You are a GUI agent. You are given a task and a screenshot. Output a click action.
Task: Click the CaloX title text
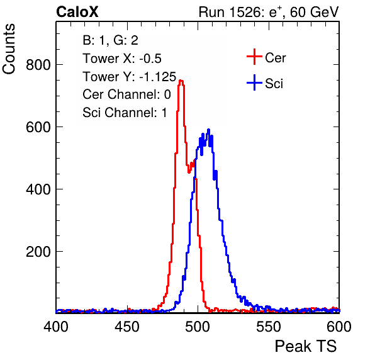(x=77, y=12)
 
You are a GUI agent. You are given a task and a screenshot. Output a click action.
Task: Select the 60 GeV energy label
(x=314, y=12)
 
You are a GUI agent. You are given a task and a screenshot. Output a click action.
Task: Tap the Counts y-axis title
(x=9, y=49)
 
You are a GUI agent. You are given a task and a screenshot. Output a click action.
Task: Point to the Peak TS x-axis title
(x=306, y=346)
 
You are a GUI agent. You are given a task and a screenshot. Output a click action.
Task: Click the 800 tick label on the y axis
(x=38, y=65)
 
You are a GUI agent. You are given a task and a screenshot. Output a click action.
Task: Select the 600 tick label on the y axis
(x=38, y=127)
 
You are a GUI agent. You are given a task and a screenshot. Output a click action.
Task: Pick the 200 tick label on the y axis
(x=38, y=252)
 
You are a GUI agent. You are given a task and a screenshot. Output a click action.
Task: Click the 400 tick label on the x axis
(x=56, y=327)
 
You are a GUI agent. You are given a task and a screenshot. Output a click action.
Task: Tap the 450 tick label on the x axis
(x=127, y=327)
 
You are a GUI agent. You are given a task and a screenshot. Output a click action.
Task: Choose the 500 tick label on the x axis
(x=198, y=327)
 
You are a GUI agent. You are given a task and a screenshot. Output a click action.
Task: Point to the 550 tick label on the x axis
(x=269, y=327)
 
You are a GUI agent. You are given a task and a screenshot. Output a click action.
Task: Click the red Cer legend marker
(x=254, y=57)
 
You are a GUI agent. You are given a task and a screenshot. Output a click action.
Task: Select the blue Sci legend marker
(x=254, y=83)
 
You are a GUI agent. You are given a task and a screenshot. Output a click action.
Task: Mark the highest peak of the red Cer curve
(x=181, y=81)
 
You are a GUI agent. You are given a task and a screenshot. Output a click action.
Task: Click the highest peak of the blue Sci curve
(x=208, y=130)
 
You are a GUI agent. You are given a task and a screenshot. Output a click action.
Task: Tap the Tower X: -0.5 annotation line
(x=122, y=59)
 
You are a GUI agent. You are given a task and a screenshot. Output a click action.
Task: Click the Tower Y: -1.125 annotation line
(x=130, y=77)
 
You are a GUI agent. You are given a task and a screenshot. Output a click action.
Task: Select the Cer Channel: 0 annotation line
(x=126, y=94)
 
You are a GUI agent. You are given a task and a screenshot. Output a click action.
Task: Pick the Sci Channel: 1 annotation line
(x=125, y=113)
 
